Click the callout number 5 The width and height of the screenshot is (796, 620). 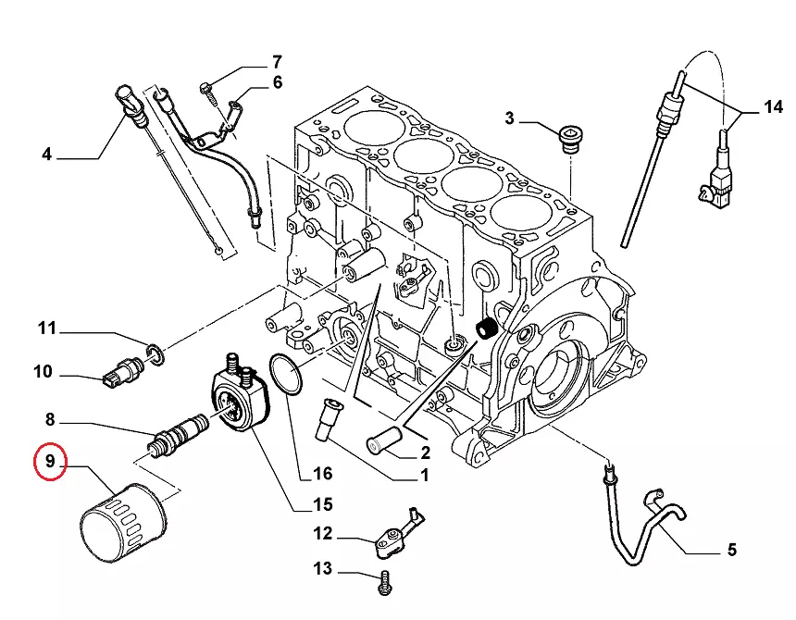coord(731,551)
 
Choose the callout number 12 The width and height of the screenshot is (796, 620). coord(321,534)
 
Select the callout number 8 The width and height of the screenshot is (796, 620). coord(51,418)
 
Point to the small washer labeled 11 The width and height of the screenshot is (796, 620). coord(156,352)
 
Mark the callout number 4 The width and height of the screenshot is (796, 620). coord(47,155)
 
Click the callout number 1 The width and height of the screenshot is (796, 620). coord(424,477)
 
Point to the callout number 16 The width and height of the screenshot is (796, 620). coord(322,474)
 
